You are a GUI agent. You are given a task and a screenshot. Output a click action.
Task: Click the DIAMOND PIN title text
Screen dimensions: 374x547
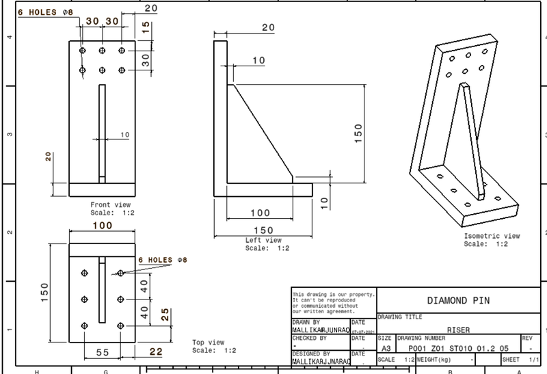pos(458,300)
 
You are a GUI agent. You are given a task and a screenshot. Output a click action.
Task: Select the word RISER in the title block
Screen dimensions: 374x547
pos(458,329)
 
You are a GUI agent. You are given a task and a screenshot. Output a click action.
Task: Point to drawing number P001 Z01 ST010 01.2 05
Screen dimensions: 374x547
pos(452,347)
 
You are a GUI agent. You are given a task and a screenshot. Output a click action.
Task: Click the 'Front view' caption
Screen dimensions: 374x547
pos(110,204)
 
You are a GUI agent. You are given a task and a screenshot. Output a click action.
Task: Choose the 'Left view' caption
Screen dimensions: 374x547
pos(263,241)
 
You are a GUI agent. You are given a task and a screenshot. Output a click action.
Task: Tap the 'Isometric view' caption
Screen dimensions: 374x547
pos(492,236)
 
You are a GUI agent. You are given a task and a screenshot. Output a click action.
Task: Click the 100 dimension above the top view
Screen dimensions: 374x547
pos(102,226)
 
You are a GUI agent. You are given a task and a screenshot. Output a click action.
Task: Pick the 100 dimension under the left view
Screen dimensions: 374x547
pos(260,213)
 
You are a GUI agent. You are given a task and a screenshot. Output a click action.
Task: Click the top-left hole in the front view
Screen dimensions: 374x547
pos(83,51)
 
